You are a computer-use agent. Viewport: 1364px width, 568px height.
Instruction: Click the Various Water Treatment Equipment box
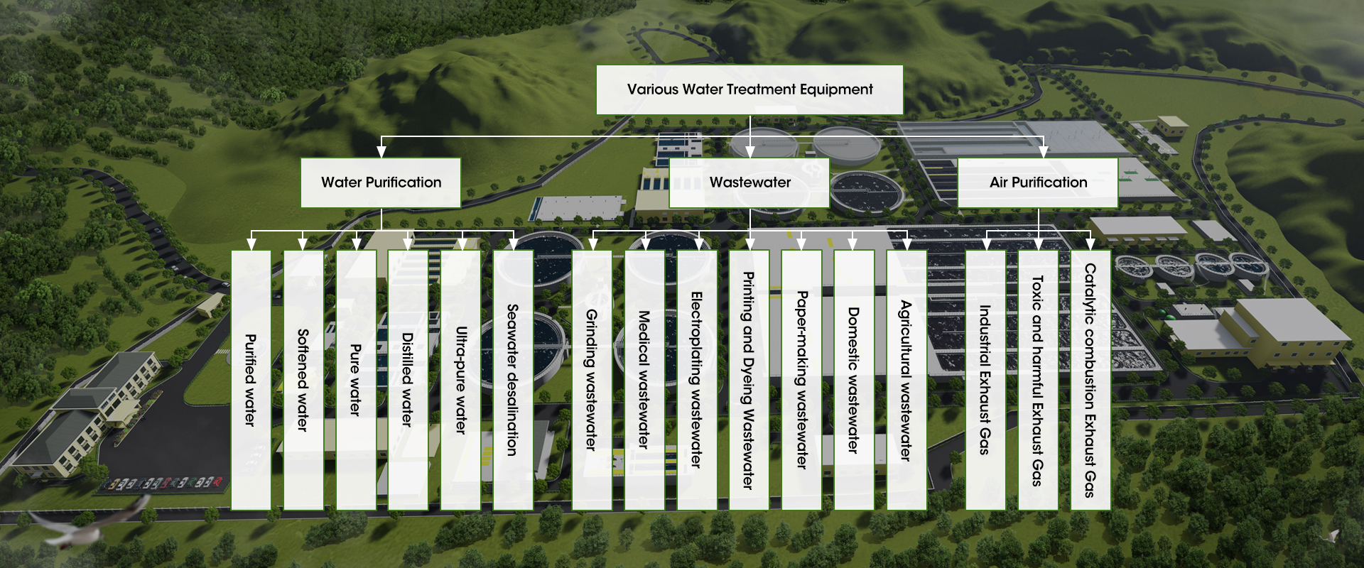(749, 89)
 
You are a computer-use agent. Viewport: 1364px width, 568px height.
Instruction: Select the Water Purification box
(381, 182)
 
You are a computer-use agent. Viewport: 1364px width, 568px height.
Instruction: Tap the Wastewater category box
(749, 182)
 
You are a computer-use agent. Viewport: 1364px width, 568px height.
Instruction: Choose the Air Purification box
(1038, 182)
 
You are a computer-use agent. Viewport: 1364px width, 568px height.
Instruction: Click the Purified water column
(251, 380)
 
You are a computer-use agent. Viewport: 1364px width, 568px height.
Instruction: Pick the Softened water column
(303, 380)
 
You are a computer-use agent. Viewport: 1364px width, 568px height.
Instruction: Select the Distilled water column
(408, 380)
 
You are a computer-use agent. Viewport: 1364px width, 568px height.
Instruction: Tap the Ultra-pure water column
(460, 380)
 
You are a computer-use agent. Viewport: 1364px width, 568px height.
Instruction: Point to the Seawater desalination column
(513, 380)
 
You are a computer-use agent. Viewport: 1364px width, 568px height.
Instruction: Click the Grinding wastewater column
(592, 380)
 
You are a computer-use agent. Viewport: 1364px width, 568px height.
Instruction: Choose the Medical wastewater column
(644, 380)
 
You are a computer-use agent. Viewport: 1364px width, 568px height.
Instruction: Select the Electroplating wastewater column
(697, 380)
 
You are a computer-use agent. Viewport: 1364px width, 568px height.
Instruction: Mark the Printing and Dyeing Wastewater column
(749, 380)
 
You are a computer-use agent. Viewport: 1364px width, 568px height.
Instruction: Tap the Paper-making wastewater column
(801, 380)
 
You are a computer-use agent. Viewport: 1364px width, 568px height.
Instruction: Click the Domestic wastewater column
(854, 380)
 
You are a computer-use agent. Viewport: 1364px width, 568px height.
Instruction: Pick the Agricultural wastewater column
(906, 380)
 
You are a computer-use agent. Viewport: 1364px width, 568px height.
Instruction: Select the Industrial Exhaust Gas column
(985, 380)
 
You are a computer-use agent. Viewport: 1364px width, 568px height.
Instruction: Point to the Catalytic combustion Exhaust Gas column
(1090, 380)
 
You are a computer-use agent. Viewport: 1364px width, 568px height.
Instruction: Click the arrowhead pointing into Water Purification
(381, 152)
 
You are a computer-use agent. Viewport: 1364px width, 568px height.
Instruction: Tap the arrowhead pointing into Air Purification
(1043, 152)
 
